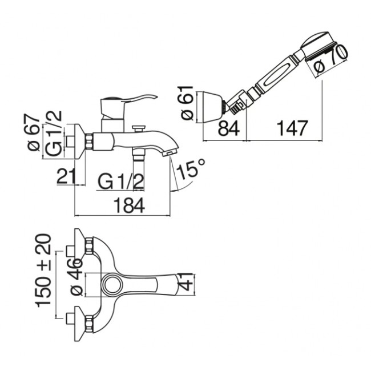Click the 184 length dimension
click(129, 205)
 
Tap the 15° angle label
click(191, 168)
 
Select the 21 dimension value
click(66, 176)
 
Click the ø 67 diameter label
click(34, 132)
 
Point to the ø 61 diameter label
click(187, 103)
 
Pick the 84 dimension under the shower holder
click(228, 128)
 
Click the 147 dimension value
click(292, 128)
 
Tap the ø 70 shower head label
click(332, 59)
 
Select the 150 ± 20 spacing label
click(43, 271)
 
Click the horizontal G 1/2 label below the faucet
click(121, 182)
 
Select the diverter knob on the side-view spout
click(138, 129)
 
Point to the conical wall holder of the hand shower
click(213, 107)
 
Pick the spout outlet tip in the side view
click(170, 153)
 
